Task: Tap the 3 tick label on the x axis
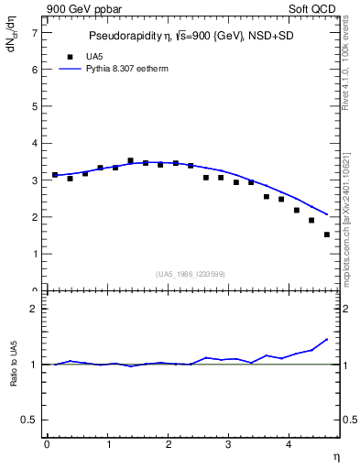pos(229,445)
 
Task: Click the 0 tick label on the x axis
pos(47,445)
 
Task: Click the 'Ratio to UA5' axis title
pos(14,377)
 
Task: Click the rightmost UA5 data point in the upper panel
pos(327,234)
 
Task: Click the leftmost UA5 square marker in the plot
pos(55,174)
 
